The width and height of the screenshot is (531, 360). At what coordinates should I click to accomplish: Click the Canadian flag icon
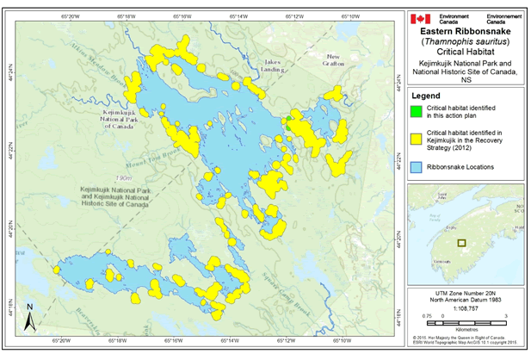point(419,19)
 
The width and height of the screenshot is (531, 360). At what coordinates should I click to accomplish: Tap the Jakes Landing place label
point(275,65)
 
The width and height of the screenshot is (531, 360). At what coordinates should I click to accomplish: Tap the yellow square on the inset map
point(462,243)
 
